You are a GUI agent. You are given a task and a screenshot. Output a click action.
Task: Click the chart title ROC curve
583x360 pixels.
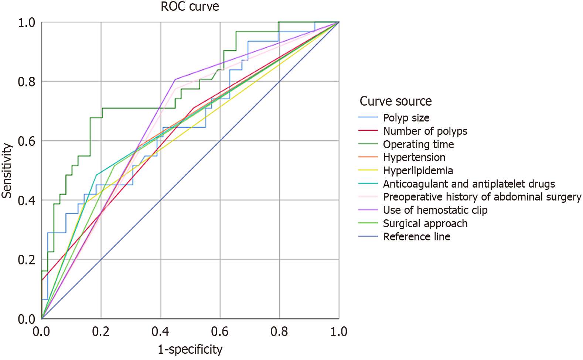[190, 7]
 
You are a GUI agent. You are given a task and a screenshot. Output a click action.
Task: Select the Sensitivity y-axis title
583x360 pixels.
[7, 171]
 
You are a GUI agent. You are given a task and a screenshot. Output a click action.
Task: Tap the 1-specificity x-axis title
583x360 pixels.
[190, 349]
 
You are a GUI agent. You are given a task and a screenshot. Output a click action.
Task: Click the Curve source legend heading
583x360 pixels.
[396, 101]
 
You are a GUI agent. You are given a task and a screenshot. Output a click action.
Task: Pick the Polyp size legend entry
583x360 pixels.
[406, 118]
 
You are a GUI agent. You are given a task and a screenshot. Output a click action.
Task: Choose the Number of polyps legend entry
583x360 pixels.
[425, 131]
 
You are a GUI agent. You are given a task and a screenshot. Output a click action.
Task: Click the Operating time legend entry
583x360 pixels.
[418, 144]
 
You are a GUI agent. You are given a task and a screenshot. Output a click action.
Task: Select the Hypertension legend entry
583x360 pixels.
[414, 157]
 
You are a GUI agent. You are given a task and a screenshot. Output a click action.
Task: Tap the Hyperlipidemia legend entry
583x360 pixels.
[418, 171]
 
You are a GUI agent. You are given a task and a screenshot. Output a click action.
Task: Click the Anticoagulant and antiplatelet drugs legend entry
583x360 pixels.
[469, 184]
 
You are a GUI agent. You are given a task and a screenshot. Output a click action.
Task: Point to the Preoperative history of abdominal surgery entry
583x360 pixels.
[482, 197]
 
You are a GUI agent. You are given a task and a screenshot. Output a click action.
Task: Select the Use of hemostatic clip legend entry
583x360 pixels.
[435, 210]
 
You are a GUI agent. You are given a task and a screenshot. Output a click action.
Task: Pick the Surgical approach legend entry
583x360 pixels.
[425, 223]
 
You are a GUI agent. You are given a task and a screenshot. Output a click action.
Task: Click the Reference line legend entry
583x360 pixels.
[416, 237]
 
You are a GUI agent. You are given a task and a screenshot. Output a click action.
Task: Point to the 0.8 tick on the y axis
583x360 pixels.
[27, 82]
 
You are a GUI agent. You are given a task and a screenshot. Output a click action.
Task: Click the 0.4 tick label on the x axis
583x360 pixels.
[160, 332]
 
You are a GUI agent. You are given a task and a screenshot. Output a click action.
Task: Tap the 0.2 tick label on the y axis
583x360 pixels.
[27, 260]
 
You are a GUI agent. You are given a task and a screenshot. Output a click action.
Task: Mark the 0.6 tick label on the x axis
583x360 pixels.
[220, 332]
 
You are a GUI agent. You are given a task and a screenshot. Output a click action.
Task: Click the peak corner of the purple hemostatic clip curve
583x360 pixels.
[175, 79]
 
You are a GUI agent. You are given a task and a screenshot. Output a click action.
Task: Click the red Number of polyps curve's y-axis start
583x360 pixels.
[42, 280]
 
